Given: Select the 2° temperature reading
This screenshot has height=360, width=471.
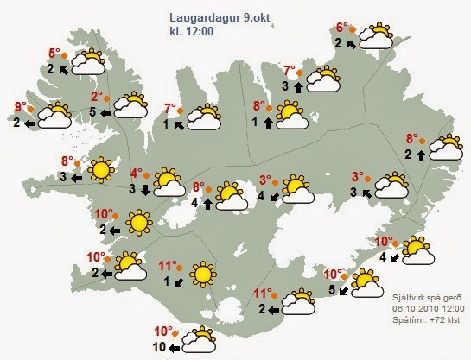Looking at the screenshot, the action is [97, 97].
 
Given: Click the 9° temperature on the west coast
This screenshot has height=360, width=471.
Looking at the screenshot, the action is [22, 108].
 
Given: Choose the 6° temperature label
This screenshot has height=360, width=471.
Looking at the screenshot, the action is [341, 28].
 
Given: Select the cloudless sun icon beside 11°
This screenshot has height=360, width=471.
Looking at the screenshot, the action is [202, 274].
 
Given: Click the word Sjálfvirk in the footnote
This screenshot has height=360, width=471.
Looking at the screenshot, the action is [404, 296].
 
